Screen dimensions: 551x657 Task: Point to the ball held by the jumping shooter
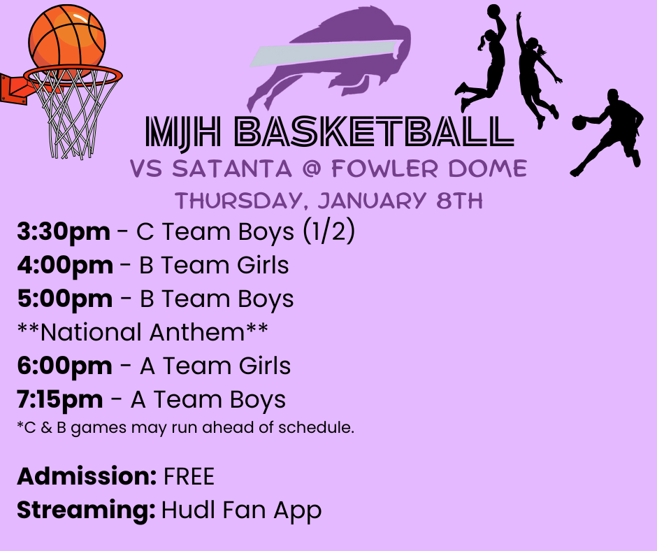coord(493,11)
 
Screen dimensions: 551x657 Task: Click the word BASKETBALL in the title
coord(373,134)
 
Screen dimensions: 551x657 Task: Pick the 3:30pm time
coord(64,232)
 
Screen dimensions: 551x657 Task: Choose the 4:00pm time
coord(65,266)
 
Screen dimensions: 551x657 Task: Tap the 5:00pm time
coord(64,299)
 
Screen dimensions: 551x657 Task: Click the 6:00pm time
coord(64,366)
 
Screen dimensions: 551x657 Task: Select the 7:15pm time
coord(60,399)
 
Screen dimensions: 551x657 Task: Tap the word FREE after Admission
coord(189,477)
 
